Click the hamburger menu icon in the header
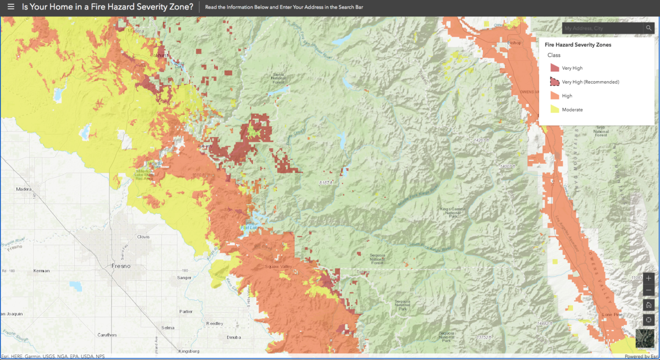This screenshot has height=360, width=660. coord(11,7)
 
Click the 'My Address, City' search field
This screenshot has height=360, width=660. coord(602,28)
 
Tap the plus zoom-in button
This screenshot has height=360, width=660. coord(648,278)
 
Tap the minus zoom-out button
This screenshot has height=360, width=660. coord(648,290)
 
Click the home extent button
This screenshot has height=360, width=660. coord(648,305)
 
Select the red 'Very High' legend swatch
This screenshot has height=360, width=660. coord(554,68)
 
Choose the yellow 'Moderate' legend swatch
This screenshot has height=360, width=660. coord(554,109)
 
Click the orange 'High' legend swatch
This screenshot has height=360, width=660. coord(554,96)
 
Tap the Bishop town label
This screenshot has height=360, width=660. coord(514,42)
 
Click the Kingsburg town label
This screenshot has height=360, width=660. coord(189,351)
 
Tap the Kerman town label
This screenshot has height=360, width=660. coord(41,270)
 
